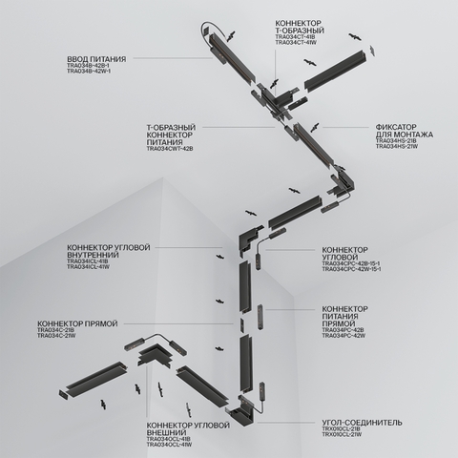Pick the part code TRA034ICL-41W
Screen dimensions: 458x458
pyautogui.click(x=89, y=268)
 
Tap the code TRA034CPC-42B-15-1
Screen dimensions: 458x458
pyautogui.click(x=351, y=263)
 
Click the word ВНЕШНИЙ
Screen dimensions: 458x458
pyautogui.click(x=167, y=431)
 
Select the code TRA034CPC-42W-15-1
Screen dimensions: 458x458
pyautogui.click(x=351, y=270)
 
